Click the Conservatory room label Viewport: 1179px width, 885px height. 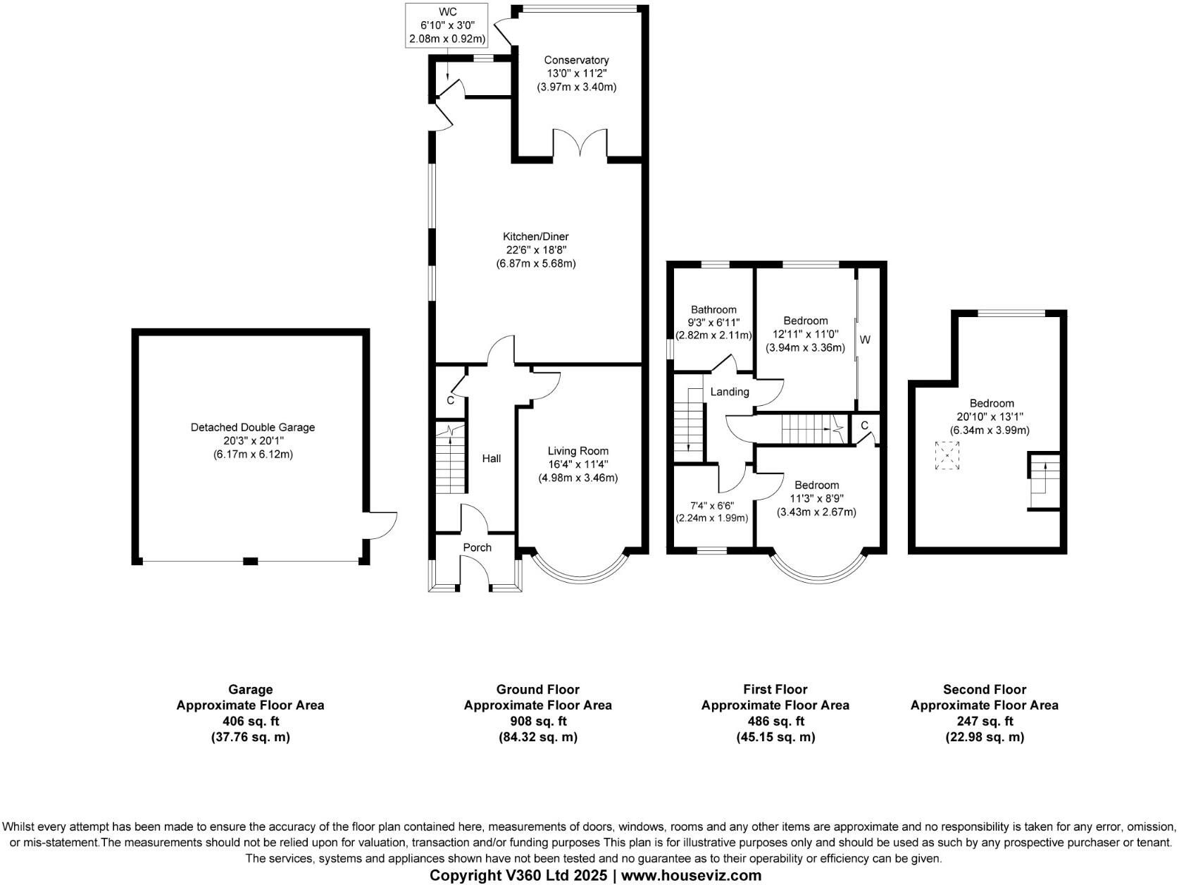click(576, 61)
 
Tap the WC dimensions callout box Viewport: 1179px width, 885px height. click(447, 25)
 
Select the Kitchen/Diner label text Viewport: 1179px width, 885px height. click(535, 237)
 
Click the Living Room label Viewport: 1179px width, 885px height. click(578, 451)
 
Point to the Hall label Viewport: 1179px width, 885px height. click(491, 459)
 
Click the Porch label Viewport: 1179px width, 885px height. click(477, 547)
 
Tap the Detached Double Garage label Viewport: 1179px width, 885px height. click(252, 428)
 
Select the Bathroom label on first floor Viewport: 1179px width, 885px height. click(713, 309)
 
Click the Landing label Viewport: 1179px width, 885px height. click(729, 392)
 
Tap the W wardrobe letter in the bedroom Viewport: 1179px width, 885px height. click(865, 340)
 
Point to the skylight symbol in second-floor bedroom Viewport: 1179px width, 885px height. click(948, 456)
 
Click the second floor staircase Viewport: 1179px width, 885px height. click(1042, 481)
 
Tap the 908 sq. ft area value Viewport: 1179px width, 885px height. click(537, 721)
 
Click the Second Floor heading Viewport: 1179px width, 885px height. click(984, 689)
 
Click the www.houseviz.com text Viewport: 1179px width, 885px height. click(691, 876)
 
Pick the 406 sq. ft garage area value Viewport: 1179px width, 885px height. click(250, 721)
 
